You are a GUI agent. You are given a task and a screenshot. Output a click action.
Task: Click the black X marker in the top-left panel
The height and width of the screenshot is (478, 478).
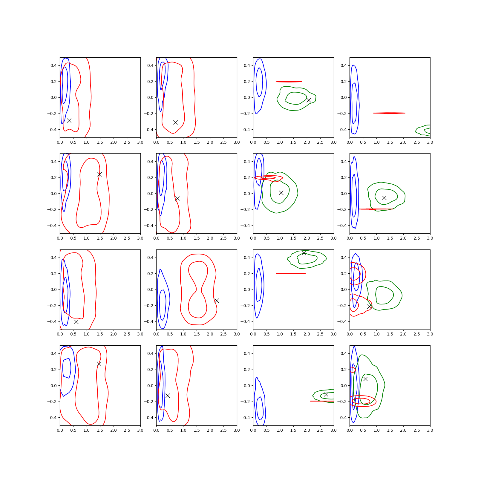pyautogui.click(x=69, y=120)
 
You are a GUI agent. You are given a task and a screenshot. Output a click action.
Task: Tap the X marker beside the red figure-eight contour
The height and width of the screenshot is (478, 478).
pyautogui.click(x=217, y=301)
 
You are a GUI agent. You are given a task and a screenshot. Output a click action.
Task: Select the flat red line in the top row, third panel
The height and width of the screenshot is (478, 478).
pyautogui.click(x=289, y=82)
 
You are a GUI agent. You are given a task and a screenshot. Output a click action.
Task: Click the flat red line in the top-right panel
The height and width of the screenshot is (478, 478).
pyautogui.click(x=389, y=113)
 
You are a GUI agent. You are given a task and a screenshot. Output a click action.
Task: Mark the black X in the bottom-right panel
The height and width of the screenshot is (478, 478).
pyautogui.click(x=365, y=379)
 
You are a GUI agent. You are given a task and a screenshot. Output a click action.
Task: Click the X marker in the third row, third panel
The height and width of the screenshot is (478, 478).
pyautogui.click(x=304, y=253)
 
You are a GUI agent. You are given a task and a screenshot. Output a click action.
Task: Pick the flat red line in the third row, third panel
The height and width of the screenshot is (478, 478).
pyautogui.click(x=291, y=274)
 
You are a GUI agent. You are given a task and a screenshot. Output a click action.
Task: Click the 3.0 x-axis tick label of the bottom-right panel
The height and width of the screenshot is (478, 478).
pyautogui.click(x=430, y=430)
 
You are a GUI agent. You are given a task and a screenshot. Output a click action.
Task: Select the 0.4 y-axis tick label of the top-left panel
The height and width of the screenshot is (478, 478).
pyautogui.click(x=53, y=65)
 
